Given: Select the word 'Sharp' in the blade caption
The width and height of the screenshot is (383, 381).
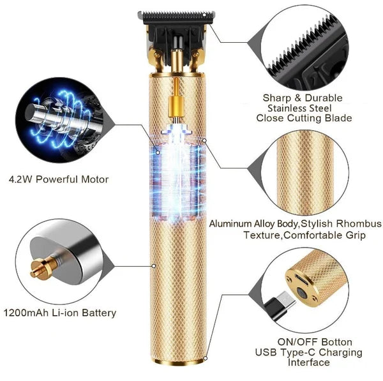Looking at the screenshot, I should point(276,98).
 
